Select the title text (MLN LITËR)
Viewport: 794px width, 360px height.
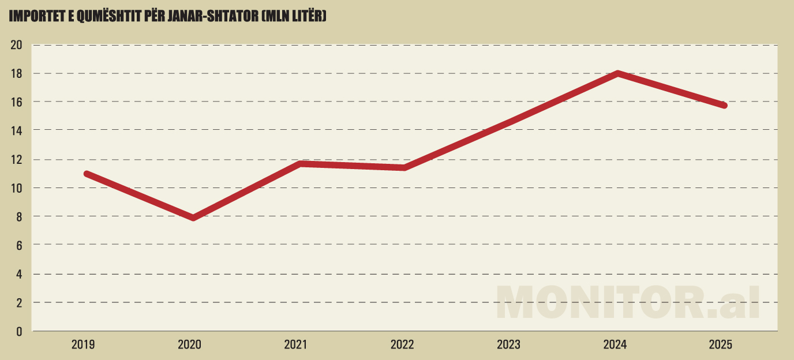pos(294,17)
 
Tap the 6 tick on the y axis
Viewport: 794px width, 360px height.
pos(18,245)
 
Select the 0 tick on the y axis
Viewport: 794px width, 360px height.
pos(18,331)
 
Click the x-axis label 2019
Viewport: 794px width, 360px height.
pos(84,345)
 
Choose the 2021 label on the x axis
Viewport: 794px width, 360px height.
pos(296,345)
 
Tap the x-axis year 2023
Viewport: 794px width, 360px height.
pos(508,345)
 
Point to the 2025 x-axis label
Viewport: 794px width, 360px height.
pos(720,345)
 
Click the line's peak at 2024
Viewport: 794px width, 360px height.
pos(617,73)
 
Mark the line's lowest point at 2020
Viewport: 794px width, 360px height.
pos(193,217)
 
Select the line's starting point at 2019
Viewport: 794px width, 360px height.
pos(87,174)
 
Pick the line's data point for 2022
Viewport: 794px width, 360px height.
pos(405,167)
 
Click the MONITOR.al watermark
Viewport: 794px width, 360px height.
pos(628,301)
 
